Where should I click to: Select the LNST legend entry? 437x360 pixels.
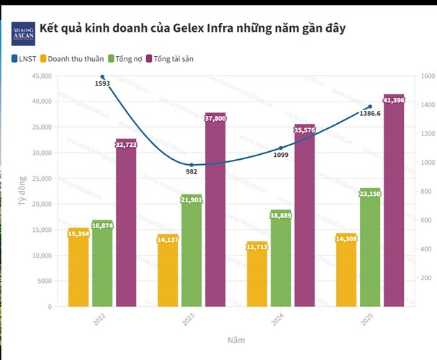[26, 58]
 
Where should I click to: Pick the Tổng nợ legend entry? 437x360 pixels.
[128, 58]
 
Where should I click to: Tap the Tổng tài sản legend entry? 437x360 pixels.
[174, 58]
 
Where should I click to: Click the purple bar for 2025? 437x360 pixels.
[394, 202]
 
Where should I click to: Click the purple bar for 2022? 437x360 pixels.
[126, 223]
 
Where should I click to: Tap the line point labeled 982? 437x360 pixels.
[192, 165]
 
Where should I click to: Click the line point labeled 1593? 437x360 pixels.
[102, 76]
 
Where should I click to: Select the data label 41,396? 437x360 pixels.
[394, 99]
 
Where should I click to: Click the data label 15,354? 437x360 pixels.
[78, 233]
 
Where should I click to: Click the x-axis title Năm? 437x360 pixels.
[235, 338]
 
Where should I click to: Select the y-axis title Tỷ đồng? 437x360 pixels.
[22, 191]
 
